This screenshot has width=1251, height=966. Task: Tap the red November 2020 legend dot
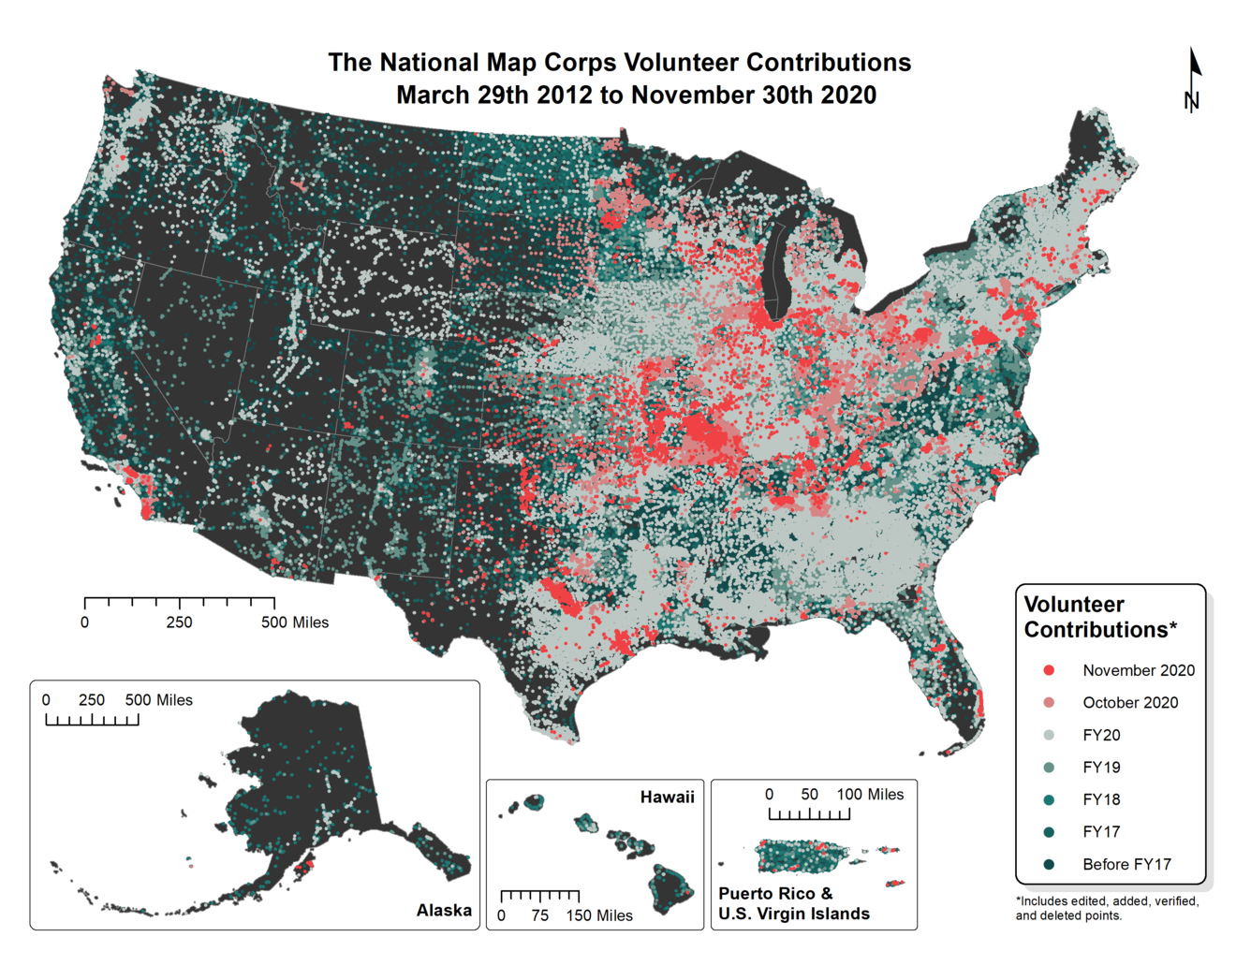pyautogui.click(x=1049, y=670)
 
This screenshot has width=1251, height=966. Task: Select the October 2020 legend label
pyautogui.click(x=1129, y=703)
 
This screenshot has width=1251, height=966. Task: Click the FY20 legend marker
pyautogui.click(x=1049, y=735)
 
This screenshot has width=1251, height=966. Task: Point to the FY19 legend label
pyautogui.click(x=1101, y=768)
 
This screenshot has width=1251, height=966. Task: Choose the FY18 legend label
pyautogui.click(x=1101, y=799)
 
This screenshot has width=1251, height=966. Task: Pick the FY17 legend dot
pyautogui.click(x=1049, y=832)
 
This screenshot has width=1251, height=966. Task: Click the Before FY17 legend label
pyautogui.click(x=1126, y=864)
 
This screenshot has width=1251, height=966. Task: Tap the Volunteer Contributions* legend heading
pyautogui.click(x=1099, y=617)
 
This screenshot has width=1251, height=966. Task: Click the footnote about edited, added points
pyautogui.click(x=1107, y=908)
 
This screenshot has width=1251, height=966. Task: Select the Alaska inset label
pyautogui.click(x=444, y=910)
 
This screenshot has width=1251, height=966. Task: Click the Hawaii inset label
pyautogui.click(x=667, y=798)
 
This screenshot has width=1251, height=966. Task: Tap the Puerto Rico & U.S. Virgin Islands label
pyautogui.click(x=793, y=904)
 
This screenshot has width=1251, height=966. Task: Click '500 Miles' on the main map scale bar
pyautogui.click(x=295, y=622)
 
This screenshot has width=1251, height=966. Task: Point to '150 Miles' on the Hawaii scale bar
pyautogui.click(x=599, y=915)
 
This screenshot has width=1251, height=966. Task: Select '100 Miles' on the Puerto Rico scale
pyautogui.click(x=870, y=795)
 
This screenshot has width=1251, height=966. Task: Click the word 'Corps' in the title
pyautogui.click(x=580, y=63)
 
